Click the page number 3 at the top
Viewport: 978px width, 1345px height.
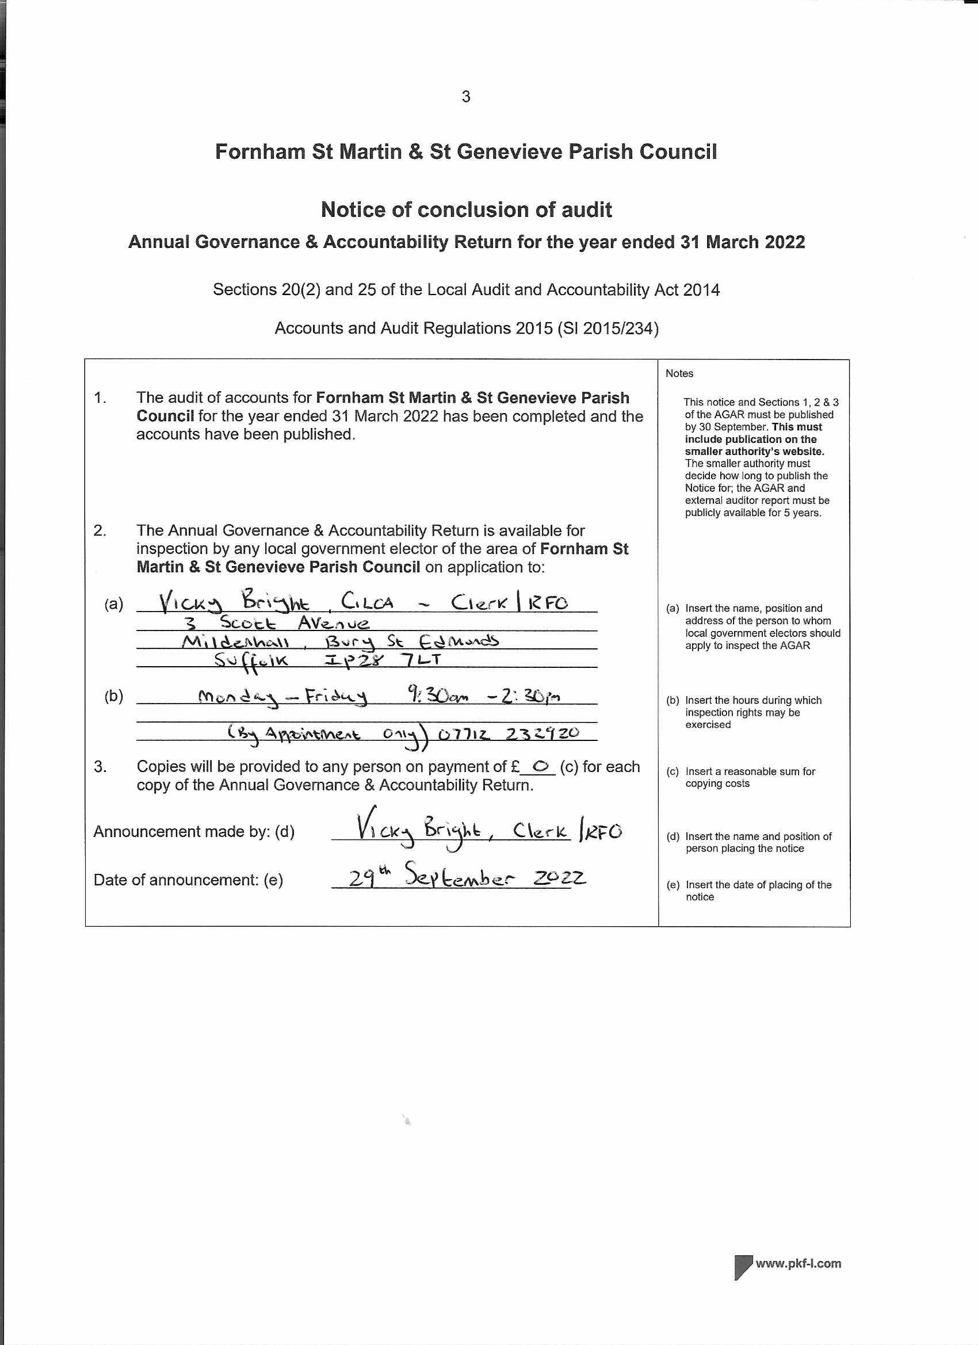pyautogui.click(x=465, y=97)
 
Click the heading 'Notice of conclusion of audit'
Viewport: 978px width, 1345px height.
pyautogui.click(x=466, y=209)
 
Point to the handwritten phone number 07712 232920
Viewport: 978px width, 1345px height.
pyautogui.click(x=509, y=733)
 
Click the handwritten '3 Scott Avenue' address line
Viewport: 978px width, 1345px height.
pyautogui.click(x=277, y=622)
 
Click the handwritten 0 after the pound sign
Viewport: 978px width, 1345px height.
pyautogui.click(x=540, y=767)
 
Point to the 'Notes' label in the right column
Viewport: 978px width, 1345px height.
pyautogui.click(x=679, y=373)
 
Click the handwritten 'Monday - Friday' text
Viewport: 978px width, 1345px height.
pyautogui.click(x=282, y=697)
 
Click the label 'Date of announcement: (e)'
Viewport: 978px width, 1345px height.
pyautogui.click(x=188, y=880)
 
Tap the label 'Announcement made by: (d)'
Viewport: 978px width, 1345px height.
pyautogui.click(x=193, y=831)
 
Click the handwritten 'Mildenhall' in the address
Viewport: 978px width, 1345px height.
pyautogui.click(x=235, y=641)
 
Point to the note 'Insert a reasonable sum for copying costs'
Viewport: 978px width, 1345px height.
pyautogui.click(x=750, y=777)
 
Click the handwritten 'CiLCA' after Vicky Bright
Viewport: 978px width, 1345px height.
pyautogui.click(x=367, y=602)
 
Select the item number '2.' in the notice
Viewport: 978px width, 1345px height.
pyautogui.click(x=100, y=530)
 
